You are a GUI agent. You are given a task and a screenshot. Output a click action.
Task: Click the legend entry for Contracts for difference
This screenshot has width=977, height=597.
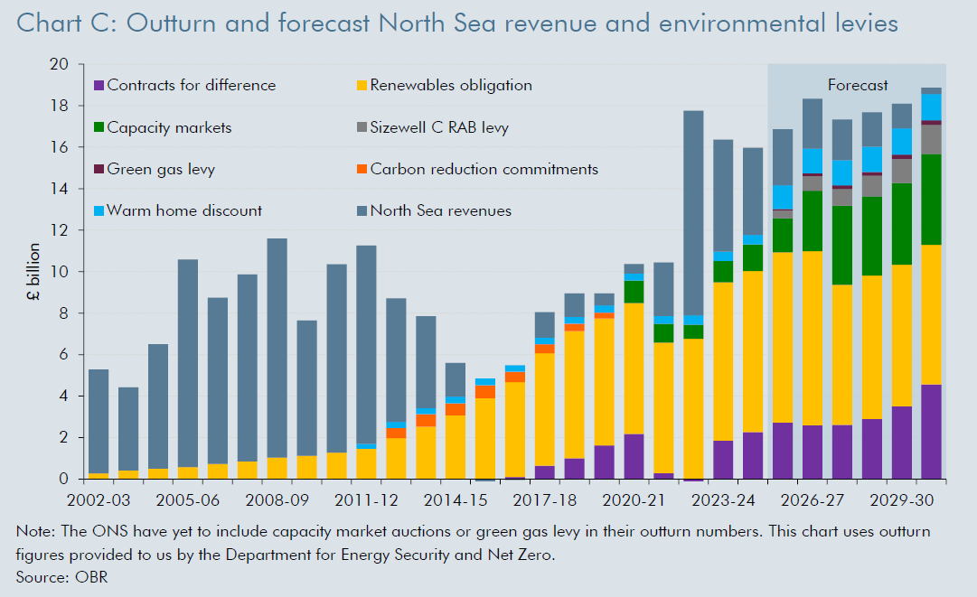191,86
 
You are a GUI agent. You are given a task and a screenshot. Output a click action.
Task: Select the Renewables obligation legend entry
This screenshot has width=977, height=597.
450,86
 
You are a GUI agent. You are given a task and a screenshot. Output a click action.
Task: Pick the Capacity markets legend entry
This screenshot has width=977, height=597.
169,127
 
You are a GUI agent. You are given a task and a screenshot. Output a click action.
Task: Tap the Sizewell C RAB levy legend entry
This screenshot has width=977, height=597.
439,127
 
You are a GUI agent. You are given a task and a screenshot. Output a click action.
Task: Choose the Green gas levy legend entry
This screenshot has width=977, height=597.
161,169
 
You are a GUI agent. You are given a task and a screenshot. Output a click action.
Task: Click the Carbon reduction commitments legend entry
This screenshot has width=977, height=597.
484,169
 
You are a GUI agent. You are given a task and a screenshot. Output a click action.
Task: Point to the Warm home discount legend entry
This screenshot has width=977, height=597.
184,210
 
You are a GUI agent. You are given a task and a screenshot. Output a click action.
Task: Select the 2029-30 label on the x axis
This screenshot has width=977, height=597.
901,498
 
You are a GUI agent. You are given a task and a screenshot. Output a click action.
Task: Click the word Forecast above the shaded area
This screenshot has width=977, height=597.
858,86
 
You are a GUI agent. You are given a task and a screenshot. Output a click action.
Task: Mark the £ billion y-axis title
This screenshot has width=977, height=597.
35,272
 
